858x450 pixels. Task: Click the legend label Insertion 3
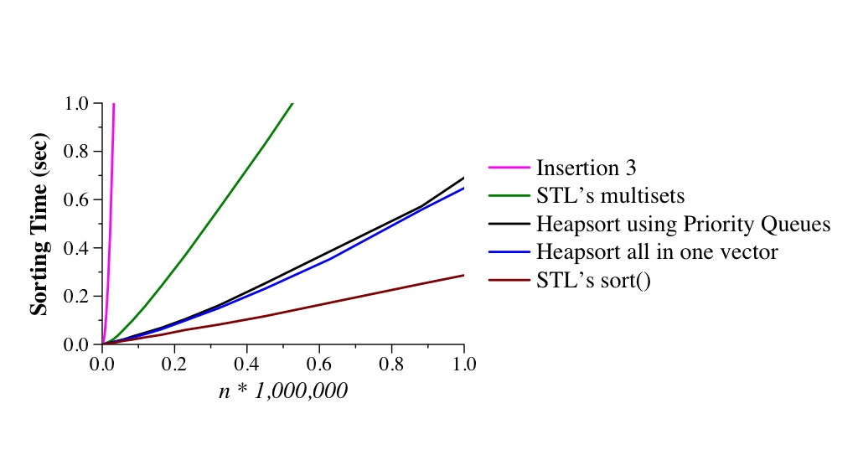pos(586,168)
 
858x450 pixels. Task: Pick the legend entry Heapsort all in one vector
pos(657,252)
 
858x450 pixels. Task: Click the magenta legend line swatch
pos(509,168)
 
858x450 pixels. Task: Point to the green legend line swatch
pos(509,196)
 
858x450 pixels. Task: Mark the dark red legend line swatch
pos(509,281)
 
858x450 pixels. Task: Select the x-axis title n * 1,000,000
pos(283,391)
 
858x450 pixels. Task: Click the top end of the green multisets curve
pos(292,104)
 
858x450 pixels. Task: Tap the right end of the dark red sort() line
pos(463,275)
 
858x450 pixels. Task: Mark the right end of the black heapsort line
pos(463,178)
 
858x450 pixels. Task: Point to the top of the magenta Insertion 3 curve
pos(113,104)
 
